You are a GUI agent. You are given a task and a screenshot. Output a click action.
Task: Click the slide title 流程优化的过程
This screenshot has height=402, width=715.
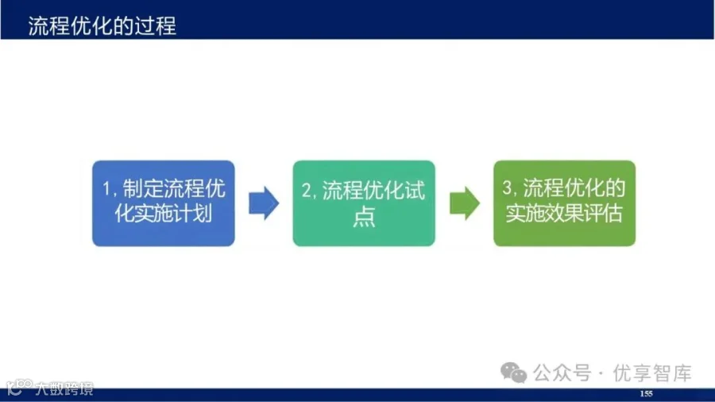102,25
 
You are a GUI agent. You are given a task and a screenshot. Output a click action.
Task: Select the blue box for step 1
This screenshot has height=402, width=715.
163,203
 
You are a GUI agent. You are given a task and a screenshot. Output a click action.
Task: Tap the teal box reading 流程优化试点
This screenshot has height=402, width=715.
364,203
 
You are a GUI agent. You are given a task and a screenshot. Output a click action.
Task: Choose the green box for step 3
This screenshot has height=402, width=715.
565,203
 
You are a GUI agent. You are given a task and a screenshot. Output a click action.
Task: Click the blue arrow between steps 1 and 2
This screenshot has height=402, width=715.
264,203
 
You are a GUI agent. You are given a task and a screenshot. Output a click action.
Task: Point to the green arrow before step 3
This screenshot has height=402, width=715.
464,203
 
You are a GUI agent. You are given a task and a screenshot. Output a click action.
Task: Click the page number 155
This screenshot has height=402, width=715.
646,393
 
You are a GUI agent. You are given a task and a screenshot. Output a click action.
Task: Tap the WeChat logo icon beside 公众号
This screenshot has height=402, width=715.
513,373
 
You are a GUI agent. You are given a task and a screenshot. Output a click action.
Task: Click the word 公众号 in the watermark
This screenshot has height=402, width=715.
562,373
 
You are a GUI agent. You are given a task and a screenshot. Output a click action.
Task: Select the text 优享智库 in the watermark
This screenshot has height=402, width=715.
652,373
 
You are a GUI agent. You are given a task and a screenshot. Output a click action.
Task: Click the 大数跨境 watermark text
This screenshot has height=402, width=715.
64,388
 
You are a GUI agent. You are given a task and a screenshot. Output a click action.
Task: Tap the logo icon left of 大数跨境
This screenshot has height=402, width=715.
19,388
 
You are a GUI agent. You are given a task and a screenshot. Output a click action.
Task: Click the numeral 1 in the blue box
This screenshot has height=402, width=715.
106,189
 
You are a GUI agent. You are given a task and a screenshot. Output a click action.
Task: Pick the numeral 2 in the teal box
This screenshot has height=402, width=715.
307,191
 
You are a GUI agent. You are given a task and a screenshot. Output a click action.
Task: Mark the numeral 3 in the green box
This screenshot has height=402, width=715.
507,187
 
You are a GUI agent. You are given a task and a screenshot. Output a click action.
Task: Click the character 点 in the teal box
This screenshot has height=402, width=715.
364,215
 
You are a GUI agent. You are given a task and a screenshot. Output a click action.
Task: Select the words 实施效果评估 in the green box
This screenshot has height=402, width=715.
564,212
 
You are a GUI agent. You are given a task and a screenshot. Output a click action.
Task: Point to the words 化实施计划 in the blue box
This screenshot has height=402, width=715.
163,213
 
